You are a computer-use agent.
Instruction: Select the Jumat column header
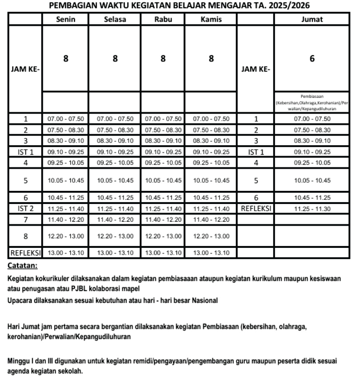tap(312, 19)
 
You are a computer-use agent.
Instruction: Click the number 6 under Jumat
tap(312, 58)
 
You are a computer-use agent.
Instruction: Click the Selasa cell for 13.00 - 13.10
tap(115, 252)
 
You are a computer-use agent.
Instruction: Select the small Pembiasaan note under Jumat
tap(312, 103)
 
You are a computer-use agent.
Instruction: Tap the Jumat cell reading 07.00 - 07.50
tap(312, 119)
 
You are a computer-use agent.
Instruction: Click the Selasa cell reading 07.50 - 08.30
tap(115, 128)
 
